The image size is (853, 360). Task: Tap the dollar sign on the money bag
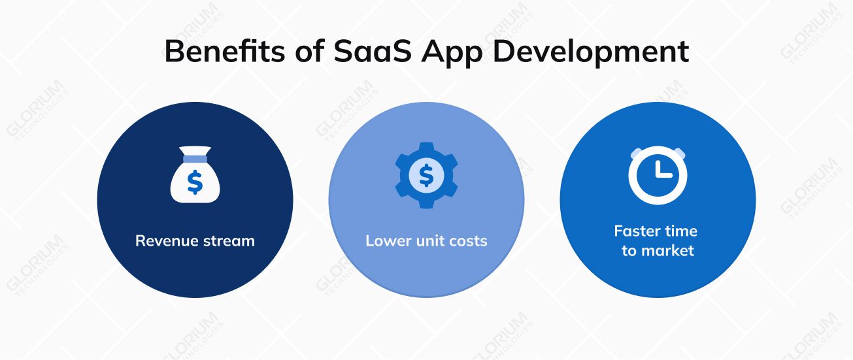[195, 182]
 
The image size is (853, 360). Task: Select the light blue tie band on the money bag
[195, 158]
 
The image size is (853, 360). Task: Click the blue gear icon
[426, 174]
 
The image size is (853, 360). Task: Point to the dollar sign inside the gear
[426, 174]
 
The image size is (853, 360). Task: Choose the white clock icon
[658, 174]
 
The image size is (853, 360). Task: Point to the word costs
[468, 241]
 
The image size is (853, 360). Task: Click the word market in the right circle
[667, 250]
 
